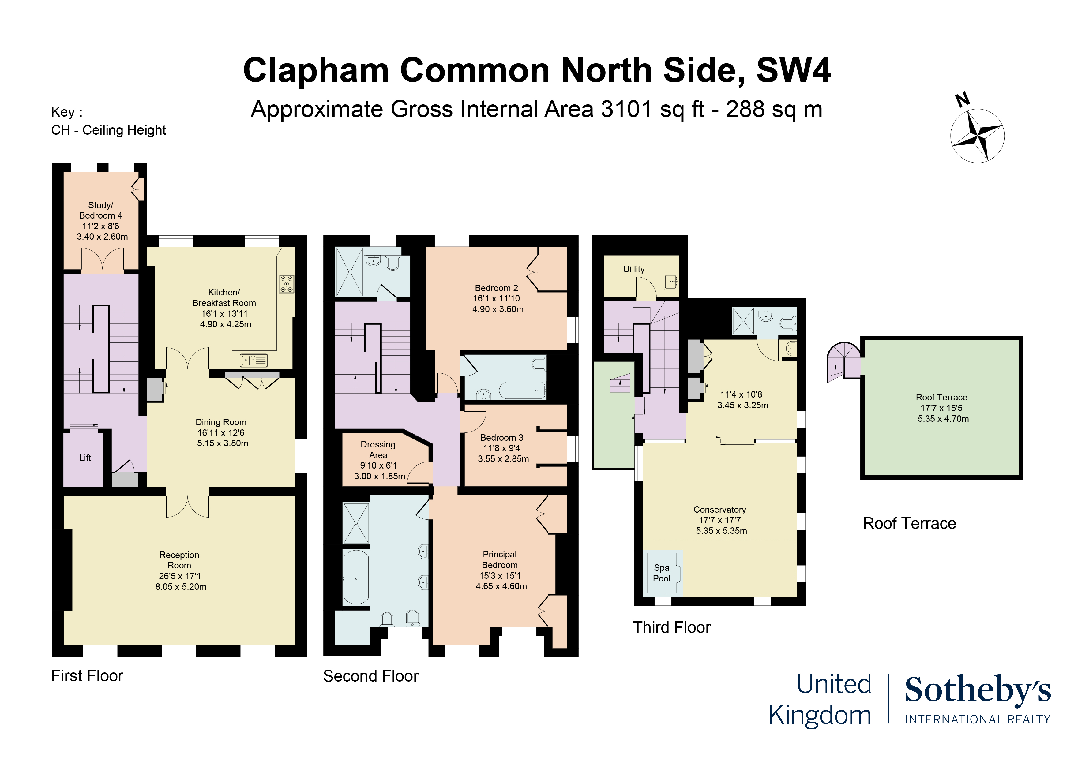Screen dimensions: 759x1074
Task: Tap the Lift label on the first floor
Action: (85, 458)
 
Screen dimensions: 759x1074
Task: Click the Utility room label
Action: (633, 269)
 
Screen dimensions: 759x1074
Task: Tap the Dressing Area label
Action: (378, 449)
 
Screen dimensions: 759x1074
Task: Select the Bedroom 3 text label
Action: (501, 438)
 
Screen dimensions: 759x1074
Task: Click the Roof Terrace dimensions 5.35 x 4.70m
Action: (943, 419)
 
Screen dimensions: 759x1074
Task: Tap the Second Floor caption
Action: (370, 676)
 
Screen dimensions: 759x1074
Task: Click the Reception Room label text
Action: (179, 560)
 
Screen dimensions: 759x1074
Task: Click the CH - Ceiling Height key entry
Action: (108, 130)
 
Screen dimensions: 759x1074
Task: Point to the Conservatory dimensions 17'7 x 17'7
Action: (719, 520)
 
